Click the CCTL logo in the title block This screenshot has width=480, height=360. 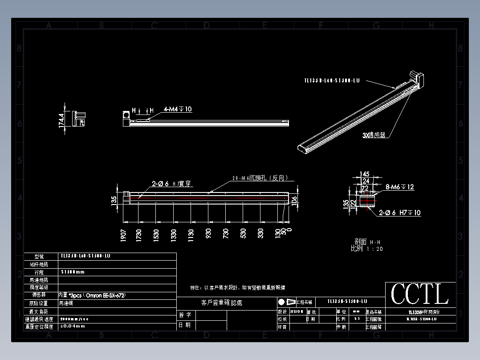(x=420, y=295)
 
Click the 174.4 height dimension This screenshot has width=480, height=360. (x=62, y=120)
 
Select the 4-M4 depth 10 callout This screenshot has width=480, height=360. (x=178, y=109)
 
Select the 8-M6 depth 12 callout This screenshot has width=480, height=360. (x=399, y=187)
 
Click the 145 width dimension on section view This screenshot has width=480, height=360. (x=364, y=174)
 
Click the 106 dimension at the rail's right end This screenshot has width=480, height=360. (x=294, y=201)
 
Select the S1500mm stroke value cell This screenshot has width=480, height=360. (x=73, y=272)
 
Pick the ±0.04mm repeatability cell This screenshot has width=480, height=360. (x=73, y=326)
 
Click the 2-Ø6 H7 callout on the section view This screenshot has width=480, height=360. (x=399, y=213)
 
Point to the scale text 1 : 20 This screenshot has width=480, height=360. (x=374, y=249)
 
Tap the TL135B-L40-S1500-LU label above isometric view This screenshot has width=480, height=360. (x=332, y=81)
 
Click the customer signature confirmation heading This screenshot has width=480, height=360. (x=222, y=303)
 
